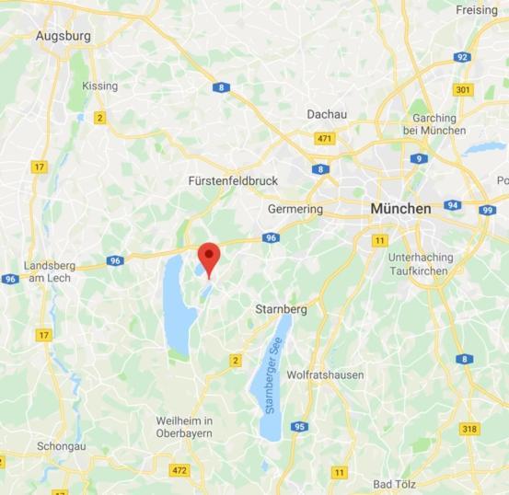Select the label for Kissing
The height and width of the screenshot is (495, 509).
[x=100, y=86]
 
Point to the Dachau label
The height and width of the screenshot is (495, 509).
[x=328, y=114]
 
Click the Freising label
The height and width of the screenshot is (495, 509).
[x=477, y=10]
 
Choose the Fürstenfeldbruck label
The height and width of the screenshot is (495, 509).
[x=232, y=180]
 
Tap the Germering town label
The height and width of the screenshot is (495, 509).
[x=295, y=209]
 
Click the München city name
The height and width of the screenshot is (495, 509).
[x=400, y=209]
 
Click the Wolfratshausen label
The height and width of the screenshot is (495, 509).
[x=325, y=375]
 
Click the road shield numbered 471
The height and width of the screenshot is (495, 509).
[x=324, y=139]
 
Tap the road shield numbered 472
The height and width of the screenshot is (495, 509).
[x=180, y=471]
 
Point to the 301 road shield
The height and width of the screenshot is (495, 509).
[x=462, y=89]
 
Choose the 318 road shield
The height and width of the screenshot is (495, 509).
[x=469, y=429]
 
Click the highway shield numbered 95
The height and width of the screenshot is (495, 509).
[x=299, y=427]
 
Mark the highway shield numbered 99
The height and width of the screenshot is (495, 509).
[x=487, y=210]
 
